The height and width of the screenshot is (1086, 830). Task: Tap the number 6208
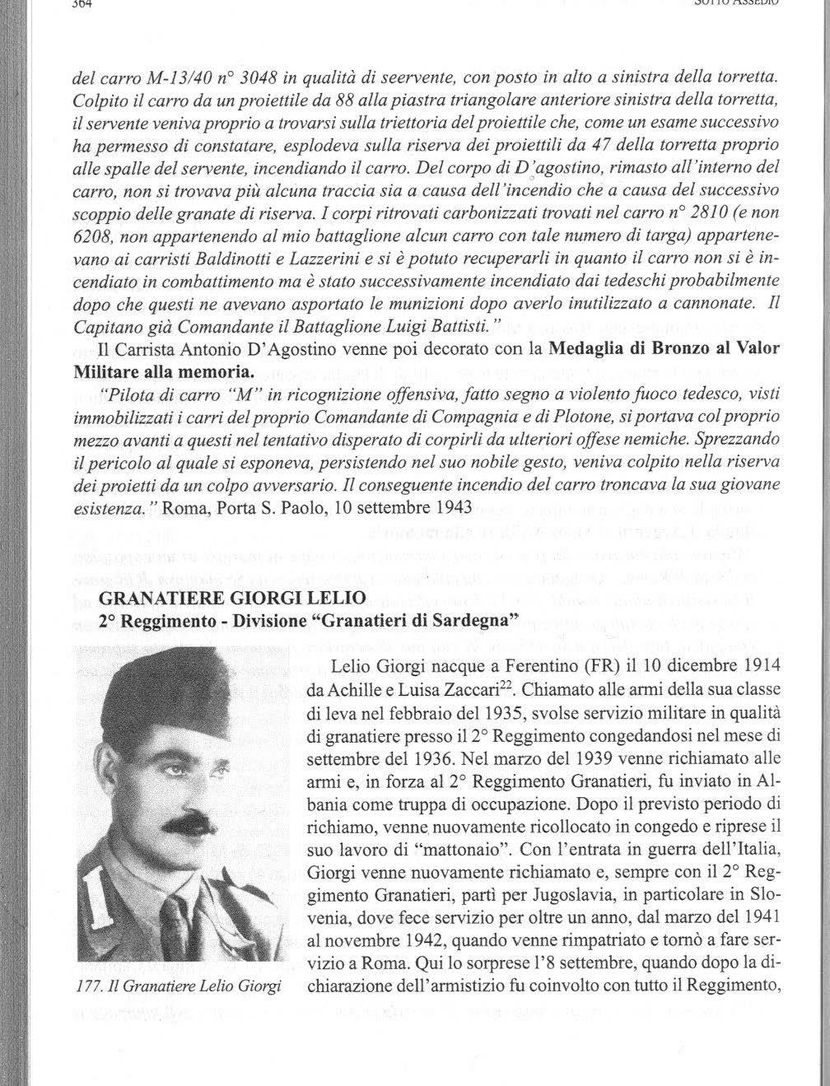[92, 235]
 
